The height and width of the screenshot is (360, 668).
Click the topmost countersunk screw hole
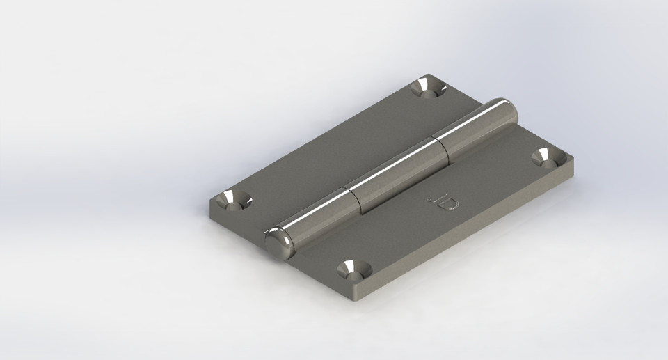click(x=427, y=88)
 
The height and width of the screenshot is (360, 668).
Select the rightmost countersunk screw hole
click(x=548, y=158)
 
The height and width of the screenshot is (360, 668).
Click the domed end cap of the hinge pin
click(x=277, y=243)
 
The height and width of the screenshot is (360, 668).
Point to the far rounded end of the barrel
click(x=507, y=111)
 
